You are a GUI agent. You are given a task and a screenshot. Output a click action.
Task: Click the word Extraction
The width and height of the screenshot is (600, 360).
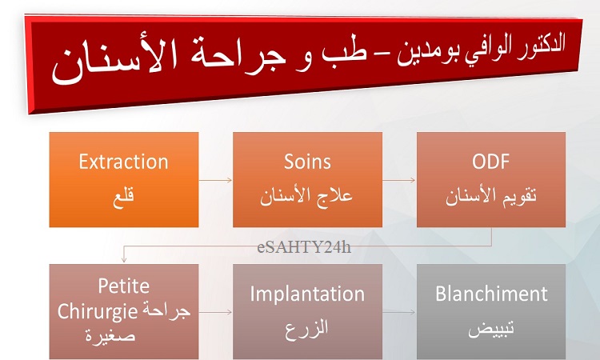pos(123,162)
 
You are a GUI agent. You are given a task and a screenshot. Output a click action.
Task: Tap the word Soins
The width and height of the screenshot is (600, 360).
pos(307,162)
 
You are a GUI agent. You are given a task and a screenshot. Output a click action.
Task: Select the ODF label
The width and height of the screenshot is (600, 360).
pos(490,162)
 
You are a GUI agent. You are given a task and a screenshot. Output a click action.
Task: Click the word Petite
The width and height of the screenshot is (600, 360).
pos(123,286)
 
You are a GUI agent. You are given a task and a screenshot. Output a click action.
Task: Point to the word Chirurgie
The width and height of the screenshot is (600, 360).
pos(97,312)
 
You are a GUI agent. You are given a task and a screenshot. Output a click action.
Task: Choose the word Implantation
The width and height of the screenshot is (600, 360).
pos(307,294)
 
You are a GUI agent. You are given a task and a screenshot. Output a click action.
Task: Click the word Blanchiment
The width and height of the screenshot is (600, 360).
pos(491,294)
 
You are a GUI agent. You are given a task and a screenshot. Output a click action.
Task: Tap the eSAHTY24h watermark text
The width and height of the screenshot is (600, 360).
pos(304,247)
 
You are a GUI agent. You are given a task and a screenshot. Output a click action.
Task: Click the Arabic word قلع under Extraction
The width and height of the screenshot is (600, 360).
pos(123,197)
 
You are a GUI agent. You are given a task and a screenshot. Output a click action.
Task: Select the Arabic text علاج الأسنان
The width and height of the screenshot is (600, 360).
pos(306,195)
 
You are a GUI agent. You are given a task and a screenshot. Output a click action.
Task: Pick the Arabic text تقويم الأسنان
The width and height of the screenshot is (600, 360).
pos(491,195)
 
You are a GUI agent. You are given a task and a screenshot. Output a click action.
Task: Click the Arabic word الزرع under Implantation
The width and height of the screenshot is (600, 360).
pos(306,328)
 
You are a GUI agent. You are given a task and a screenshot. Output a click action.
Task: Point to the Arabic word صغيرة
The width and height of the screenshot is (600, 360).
pos(110,336)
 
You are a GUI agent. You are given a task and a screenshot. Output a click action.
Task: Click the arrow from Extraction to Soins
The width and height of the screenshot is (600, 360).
pos(215,180)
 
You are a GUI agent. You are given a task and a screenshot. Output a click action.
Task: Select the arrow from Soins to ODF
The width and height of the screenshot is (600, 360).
pos(398,180)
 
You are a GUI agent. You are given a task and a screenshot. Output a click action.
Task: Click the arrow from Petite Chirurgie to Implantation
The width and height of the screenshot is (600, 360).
pos(215,312)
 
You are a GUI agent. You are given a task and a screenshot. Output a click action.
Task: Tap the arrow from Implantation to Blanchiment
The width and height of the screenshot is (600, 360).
pos(398,312)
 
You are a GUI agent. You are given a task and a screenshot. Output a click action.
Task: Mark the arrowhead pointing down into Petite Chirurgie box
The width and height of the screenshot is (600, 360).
pos(123,260)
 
